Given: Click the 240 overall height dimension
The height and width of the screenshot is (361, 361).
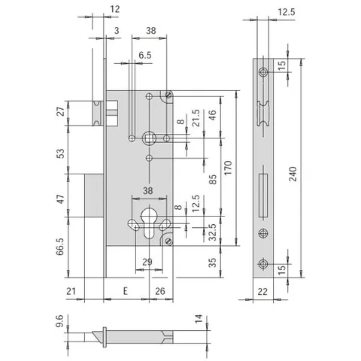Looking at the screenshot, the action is point(293,174).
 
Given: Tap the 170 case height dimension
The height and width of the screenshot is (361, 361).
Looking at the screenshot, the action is point(228,168).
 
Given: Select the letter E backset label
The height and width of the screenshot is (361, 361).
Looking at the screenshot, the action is point(126,291).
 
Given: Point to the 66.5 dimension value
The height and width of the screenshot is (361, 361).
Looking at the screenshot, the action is point(60,247).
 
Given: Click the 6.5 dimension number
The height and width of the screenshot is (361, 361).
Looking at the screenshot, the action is point(145,55).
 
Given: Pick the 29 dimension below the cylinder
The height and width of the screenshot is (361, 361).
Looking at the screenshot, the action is point(147,262).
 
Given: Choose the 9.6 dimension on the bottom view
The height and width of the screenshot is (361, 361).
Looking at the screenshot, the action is point(59,321).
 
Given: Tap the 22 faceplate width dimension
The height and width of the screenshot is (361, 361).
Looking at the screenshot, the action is point(262,292).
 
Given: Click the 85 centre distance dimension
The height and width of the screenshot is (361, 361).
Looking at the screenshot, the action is point(213,180).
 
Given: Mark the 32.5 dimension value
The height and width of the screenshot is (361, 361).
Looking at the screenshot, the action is point(213,232).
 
